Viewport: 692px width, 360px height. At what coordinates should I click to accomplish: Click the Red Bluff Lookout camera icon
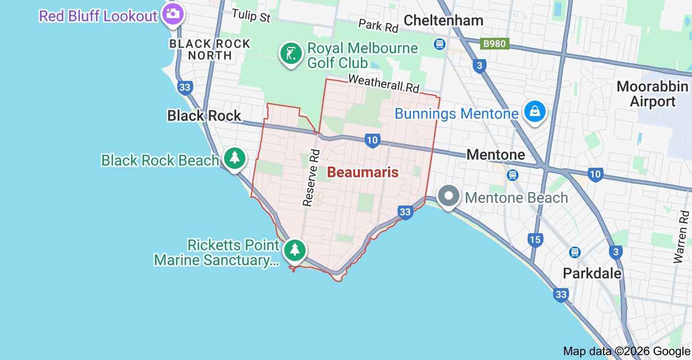point(172,13)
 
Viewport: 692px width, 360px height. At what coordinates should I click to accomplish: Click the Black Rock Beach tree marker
point(234,158)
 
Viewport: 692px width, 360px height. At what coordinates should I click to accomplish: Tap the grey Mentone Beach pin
point(449,196)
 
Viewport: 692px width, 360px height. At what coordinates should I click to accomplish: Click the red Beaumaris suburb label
point(363,172)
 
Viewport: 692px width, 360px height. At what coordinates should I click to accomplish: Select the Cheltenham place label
point(443,20)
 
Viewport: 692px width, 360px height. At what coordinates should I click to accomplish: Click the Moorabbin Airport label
point(652,94)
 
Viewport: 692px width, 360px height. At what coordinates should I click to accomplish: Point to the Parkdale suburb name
point(592,273)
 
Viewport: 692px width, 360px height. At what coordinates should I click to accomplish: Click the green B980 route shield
point(494,44)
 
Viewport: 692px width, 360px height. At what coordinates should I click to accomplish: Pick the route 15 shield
point(535,240)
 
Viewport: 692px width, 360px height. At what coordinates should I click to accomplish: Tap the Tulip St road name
point(251,16)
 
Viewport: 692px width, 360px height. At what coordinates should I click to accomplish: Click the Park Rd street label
point(378,25)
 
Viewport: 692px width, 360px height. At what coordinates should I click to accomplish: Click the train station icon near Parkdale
point(575,252)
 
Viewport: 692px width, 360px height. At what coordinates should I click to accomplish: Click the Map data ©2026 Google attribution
point(627,351)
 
